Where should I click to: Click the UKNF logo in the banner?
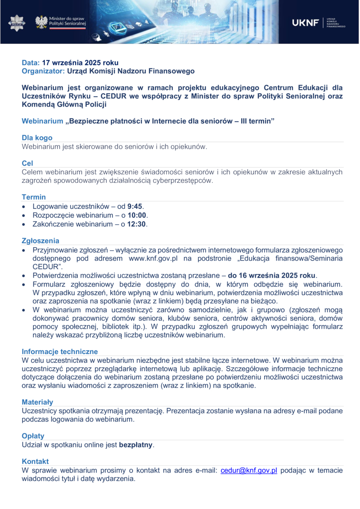point(306,23)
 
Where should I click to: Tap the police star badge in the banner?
point(17,22)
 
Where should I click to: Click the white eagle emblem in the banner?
point(41,22)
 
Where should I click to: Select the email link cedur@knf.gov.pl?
point(248,471)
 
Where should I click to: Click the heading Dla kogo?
point(37,138)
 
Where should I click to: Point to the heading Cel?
point(27,163)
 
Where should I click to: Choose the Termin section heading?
point(34,197)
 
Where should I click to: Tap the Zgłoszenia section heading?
point(40,241)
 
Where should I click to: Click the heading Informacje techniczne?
point(60,351)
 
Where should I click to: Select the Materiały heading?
point(37,402)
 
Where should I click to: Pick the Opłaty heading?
point(33,436)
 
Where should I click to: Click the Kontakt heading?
point(35,461)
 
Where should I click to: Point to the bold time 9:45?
point(135,207)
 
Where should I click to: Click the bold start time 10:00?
point(138,215)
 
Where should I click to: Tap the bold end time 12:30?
point(138,224)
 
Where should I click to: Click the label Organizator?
point(44,71)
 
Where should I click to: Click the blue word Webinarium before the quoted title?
point(43,121)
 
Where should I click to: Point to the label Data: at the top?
point(31,63)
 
